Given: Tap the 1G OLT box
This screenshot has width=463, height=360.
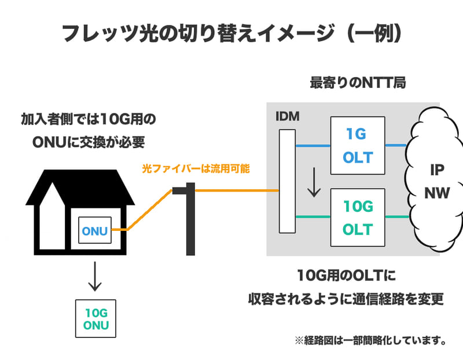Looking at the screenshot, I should pyautogui.click(x=357, y=146).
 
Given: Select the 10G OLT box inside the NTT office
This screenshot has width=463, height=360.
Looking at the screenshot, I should pyautogui.click(x=357, y=218).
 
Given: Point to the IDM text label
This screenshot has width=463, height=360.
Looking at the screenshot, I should pyautogui.click(x=288, y=116).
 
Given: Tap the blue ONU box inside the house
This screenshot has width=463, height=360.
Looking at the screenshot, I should pyautogui.click(x=95, y=230).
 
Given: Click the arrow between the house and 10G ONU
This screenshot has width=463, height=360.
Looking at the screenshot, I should pyautogui.click(x=95, y=277).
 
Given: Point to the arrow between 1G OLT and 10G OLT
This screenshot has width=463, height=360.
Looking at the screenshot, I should pyautogui.click(x=313, y=182).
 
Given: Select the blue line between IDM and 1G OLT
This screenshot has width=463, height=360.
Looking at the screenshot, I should pyautogui.click(x=313, y=145).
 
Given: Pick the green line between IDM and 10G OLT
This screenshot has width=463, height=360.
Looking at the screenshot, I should pyautogui.click(x=313, y=217).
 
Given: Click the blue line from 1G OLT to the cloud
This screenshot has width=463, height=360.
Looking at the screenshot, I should pyautogui.click(x=396, y=145).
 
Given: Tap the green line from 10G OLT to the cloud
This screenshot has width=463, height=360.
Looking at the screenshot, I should pyautogui.click(x=398, y=217).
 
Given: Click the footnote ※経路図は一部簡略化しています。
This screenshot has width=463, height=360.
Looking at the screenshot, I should pyautogui.click(x=370, y=340).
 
